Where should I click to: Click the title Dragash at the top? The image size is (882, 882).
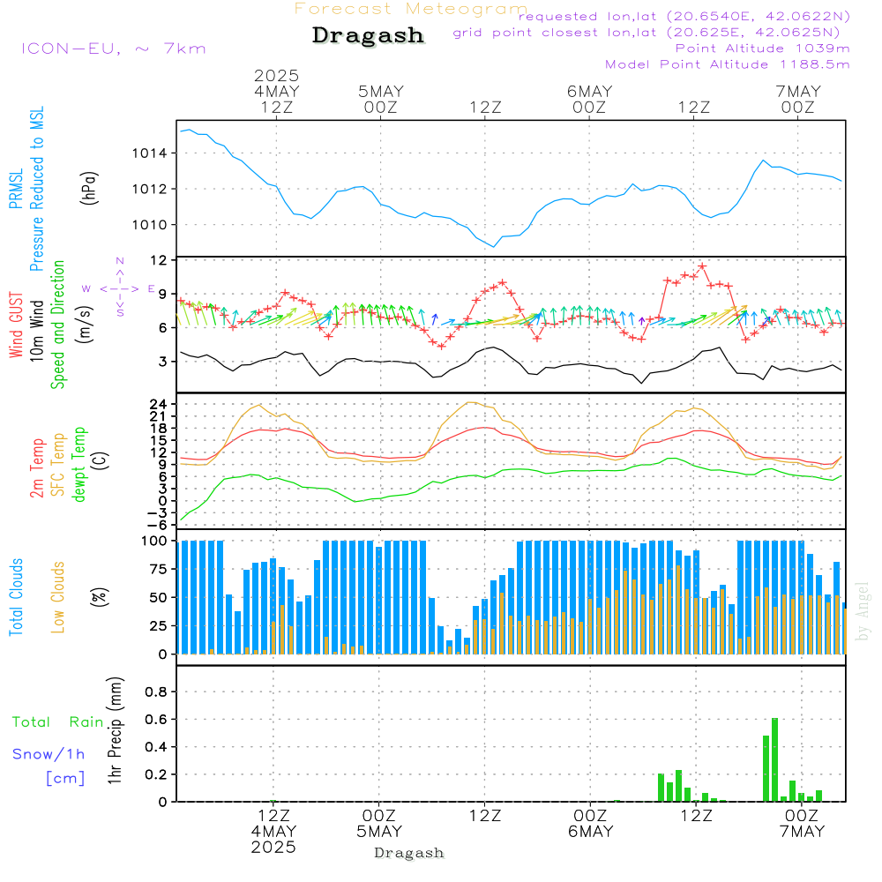(x=368, y=35)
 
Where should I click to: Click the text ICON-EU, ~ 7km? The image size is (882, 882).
(x=113, y=49)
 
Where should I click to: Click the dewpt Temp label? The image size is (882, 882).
(x=80, y=465)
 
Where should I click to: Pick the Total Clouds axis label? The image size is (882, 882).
(x=17, y=597)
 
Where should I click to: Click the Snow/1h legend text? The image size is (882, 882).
(x=49, y=754)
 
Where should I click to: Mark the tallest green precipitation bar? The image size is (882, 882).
(x=774, y=759)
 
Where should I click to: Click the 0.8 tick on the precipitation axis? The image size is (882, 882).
(x=156, y=692)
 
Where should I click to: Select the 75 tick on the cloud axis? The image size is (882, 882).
(x=159, y=569)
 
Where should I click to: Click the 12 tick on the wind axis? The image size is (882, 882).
(x=159, y=261)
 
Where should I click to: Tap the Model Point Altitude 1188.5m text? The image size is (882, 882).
(x=727, y=64)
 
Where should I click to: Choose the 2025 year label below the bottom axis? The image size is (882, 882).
(x=274, y=848)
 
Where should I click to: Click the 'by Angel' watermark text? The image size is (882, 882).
(x=863, y=610)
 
